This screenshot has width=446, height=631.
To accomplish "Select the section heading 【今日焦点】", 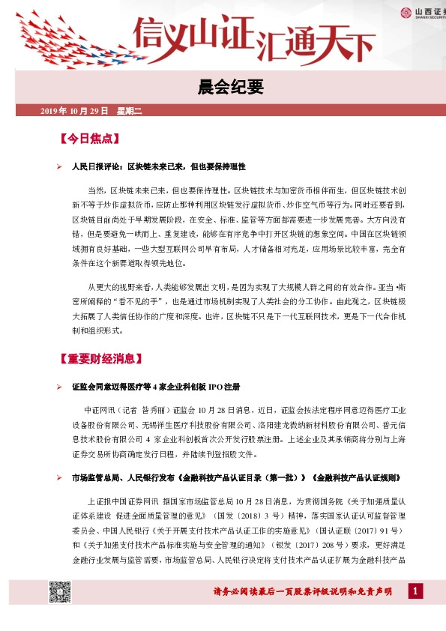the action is click(x=89, y=139).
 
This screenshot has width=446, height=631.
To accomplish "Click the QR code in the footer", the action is click(x=60, y=592).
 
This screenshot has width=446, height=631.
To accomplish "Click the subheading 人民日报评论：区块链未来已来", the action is click(x=159, y=166).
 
